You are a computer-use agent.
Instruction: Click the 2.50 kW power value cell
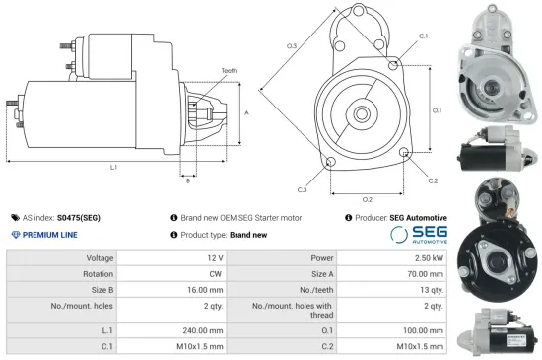pyautogui.click(x=428, y=257)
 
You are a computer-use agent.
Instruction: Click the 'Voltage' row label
pyautogui.click(x=99, y=257)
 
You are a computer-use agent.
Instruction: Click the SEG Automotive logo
pyautogui.click(x=418, y=235)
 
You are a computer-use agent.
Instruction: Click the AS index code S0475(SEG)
pyautogui.click(x=78, y=217)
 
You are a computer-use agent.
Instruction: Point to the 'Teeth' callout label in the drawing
pyautogui.click(x=229, y=71)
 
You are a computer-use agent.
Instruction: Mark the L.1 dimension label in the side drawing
pyautogui.click(x=114, y=168)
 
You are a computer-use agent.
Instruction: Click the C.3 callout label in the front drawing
pyautogui.click(x=302, y=189)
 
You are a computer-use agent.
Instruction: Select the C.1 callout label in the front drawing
pyautogui.click(x=422, y=36)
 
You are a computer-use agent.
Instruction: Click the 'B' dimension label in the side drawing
pyautogui.click(x=188, y=180)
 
